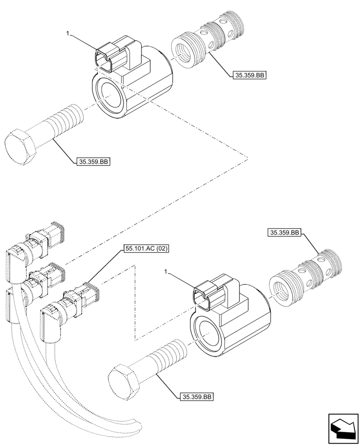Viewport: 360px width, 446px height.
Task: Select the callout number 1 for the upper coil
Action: click(68, 33)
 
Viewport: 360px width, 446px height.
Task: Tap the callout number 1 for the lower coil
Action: click(166, 271)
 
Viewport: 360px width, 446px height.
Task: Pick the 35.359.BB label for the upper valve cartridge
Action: click(249, 76)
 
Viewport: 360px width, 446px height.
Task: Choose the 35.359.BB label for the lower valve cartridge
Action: click(285, 232)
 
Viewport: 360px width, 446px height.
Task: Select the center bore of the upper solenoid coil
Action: click(110, 95)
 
